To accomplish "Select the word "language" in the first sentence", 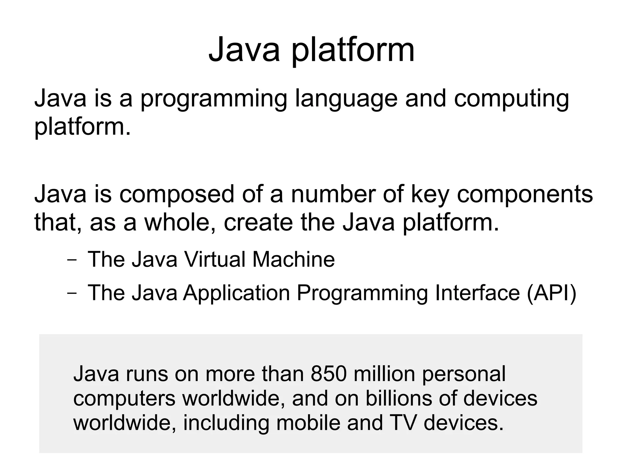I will [346, 99].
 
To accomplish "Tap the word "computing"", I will [511, 99].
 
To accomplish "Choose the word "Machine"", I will [293, 259].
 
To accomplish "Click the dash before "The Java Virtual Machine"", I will [72, 261].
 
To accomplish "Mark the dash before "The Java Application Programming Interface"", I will [72, 294].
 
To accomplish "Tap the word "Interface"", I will [477, 293].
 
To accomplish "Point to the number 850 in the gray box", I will [328, 374].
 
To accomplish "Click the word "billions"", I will [399, 398].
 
